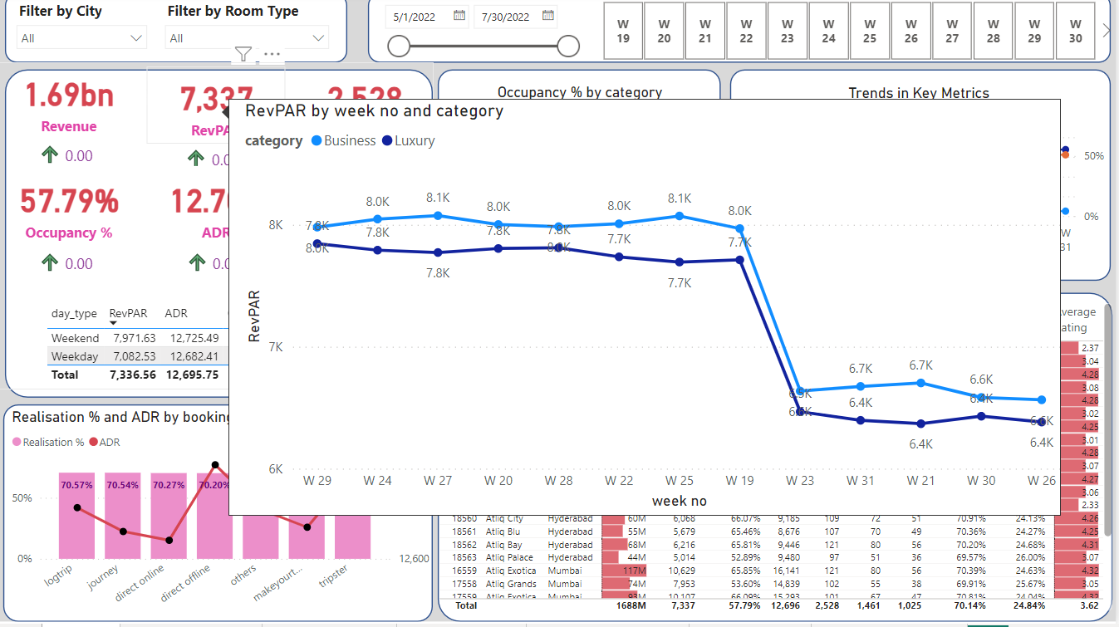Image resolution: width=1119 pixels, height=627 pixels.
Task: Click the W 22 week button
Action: coord(746,31)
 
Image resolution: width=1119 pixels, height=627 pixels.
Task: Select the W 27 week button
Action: coord(952,31)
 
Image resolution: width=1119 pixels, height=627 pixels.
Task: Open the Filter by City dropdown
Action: coord(82,38)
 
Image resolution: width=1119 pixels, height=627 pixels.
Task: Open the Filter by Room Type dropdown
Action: coord(248,38)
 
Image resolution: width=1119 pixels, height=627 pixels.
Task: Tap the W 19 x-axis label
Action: coord(739,480)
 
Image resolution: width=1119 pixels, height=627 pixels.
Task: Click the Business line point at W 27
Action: coord(438,215)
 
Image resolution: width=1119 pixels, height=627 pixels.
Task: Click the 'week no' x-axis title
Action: coord(679,501)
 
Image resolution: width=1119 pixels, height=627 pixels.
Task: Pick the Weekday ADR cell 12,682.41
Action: coord(192,356)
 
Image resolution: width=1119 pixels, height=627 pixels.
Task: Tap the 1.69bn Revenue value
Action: coord(69,96)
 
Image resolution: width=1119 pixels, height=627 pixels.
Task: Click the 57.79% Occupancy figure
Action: coord(69,202)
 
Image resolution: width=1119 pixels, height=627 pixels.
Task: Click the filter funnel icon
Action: coord(242,54)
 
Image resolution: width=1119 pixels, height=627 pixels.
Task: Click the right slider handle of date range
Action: coord(568,47)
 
